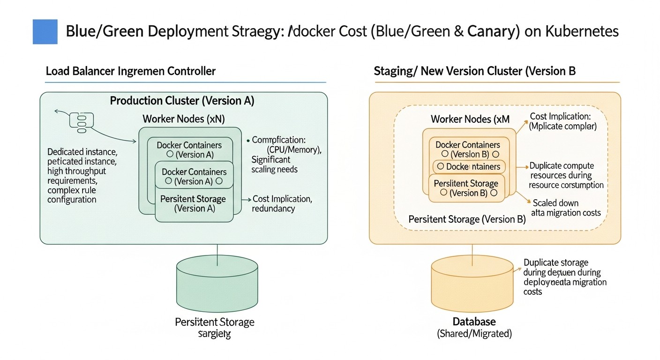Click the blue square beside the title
(x=45, y=31)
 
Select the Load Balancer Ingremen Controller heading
(x=131, y=71)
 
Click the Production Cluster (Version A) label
(x=182, y=101)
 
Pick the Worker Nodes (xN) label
(x=184, y=119)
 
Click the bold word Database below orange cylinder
(x=474, y=322)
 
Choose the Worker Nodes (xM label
(x=470, y=119)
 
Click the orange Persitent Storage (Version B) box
(x=465, y=188)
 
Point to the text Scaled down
(x=555, y=203)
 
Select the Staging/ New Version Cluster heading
(x=474, y=71)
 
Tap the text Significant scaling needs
(x=274, y=165)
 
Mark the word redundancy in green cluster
(x=273, y=209)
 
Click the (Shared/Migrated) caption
(x=474, y=334)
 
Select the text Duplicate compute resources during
(x=562, y=171)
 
